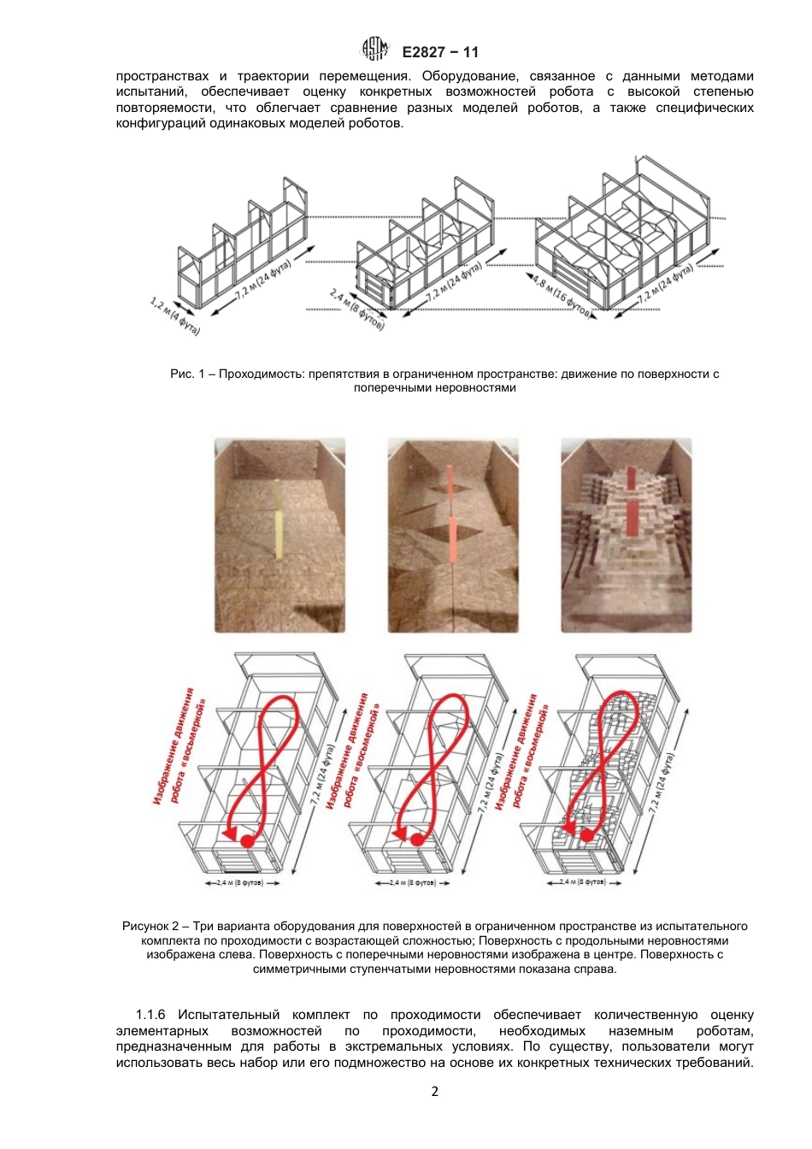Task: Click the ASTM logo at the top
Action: click(375, 50)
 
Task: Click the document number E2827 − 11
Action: click(440, 52)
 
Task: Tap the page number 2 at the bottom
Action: click(434, 1092)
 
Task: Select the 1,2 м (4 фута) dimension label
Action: click(174, 315)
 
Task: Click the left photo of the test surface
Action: click(279, 535)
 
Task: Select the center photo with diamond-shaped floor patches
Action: click(453, 535)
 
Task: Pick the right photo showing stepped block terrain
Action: click(627, 535)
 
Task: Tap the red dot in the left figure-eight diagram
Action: click(247, 841)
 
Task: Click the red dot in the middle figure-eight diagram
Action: click(417, 840)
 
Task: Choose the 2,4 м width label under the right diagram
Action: click(585, 881)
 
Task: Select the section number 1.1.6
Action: click(150, 1015)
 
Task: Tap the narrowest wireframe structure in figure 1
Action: click(242, 248)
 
